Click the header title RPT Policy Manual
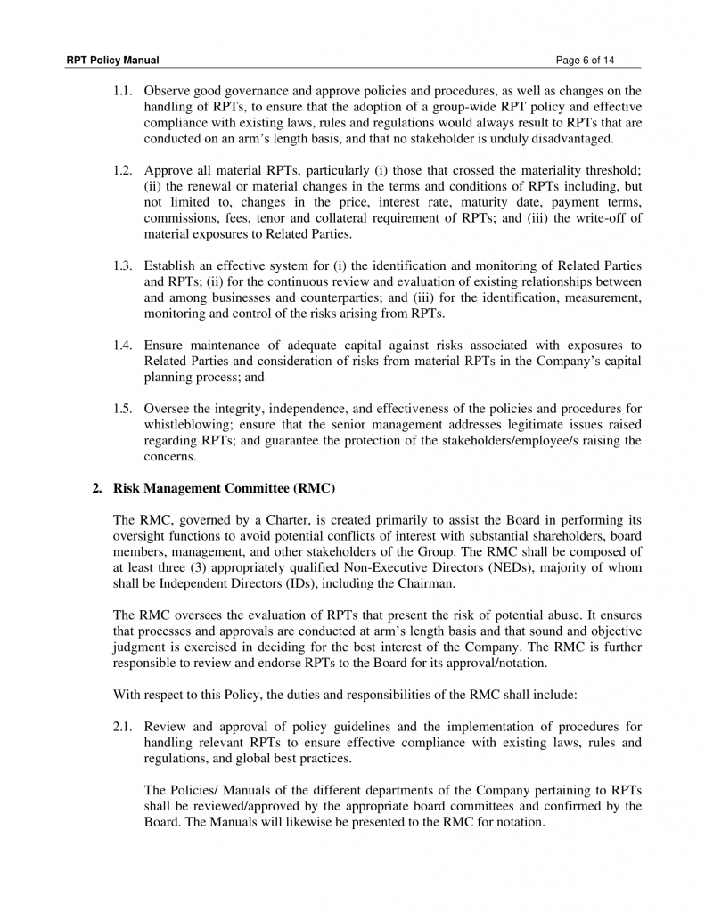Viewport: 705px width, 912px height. click(x=112, y=61)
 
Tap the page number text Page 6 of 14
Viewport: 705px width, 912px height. click(x=585, y=61)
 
